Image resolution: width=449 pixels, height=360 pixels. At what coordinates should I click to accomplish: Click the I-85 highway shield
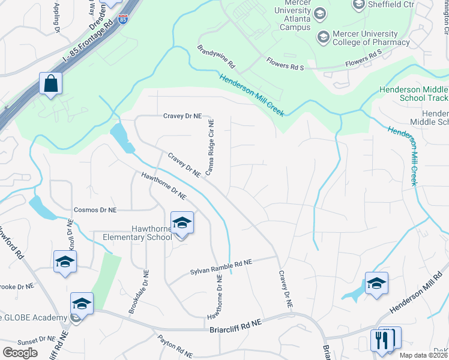click(122, 19)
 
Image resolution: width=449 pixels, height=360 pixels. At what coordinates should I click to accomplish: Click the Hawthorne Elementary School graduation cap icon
click(182, 223)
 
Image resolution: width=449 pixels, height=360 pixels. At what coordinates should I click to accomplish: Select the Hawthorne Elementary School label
click(137, 233)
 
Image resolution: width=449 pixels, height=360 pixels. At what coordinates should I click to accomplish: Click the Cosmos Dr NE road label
click(95, 210)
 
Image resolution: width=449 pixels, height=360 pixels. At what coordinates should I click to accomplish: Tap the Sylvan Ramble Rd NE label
click(221, 266)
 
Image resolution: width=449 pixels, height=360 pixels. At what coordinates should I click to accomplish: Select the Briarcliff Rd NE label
click(236, 323)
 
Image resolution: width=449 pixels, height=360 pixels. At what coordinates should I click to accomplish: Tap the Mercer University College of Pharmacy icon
click(324, 38)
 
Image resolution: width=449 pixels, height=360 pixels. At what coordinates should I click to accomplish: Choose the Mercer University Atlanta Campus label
click(292, 18)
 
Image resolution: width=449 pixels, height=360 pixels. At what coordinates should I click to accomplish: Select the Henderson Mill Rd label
click(420, 293)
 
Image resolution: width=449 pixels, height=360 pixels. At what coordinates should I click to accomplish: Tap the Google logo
click(20, 353)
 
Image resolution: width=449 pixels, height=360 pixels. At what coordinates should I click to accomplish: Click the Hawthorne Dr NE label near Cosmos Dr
click(164, 185)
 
